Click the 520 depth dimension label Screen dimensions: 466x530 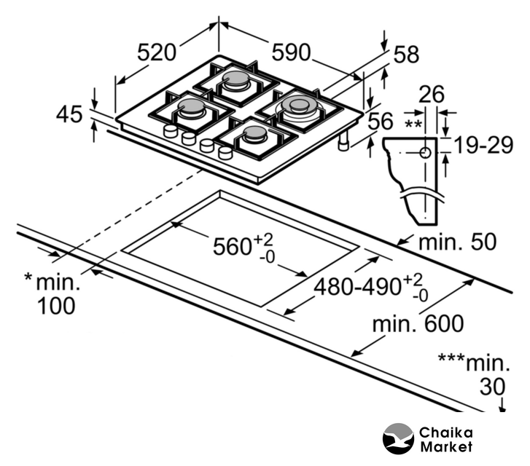(x=157, y=52)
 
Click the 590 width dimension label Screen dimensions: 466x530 (x=291, y=52)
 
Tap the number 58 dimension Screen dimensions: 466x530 (x=406, y=54)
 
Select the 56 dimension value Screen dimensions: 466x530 (x=380, y=122)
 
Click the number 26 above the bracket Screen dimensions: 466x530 (x=432, y=94)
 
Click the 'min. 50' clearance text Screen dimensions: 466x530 (x=457, y=242)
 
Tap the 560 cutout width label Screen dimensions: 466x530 (x=232, y=247)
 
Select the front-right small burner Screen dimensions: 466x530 (x=254, y=133)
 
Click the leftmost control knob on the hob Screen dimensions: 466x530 (x=170, y=131)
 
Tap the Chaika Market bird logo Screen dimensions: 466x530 (x=398, y=439)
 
